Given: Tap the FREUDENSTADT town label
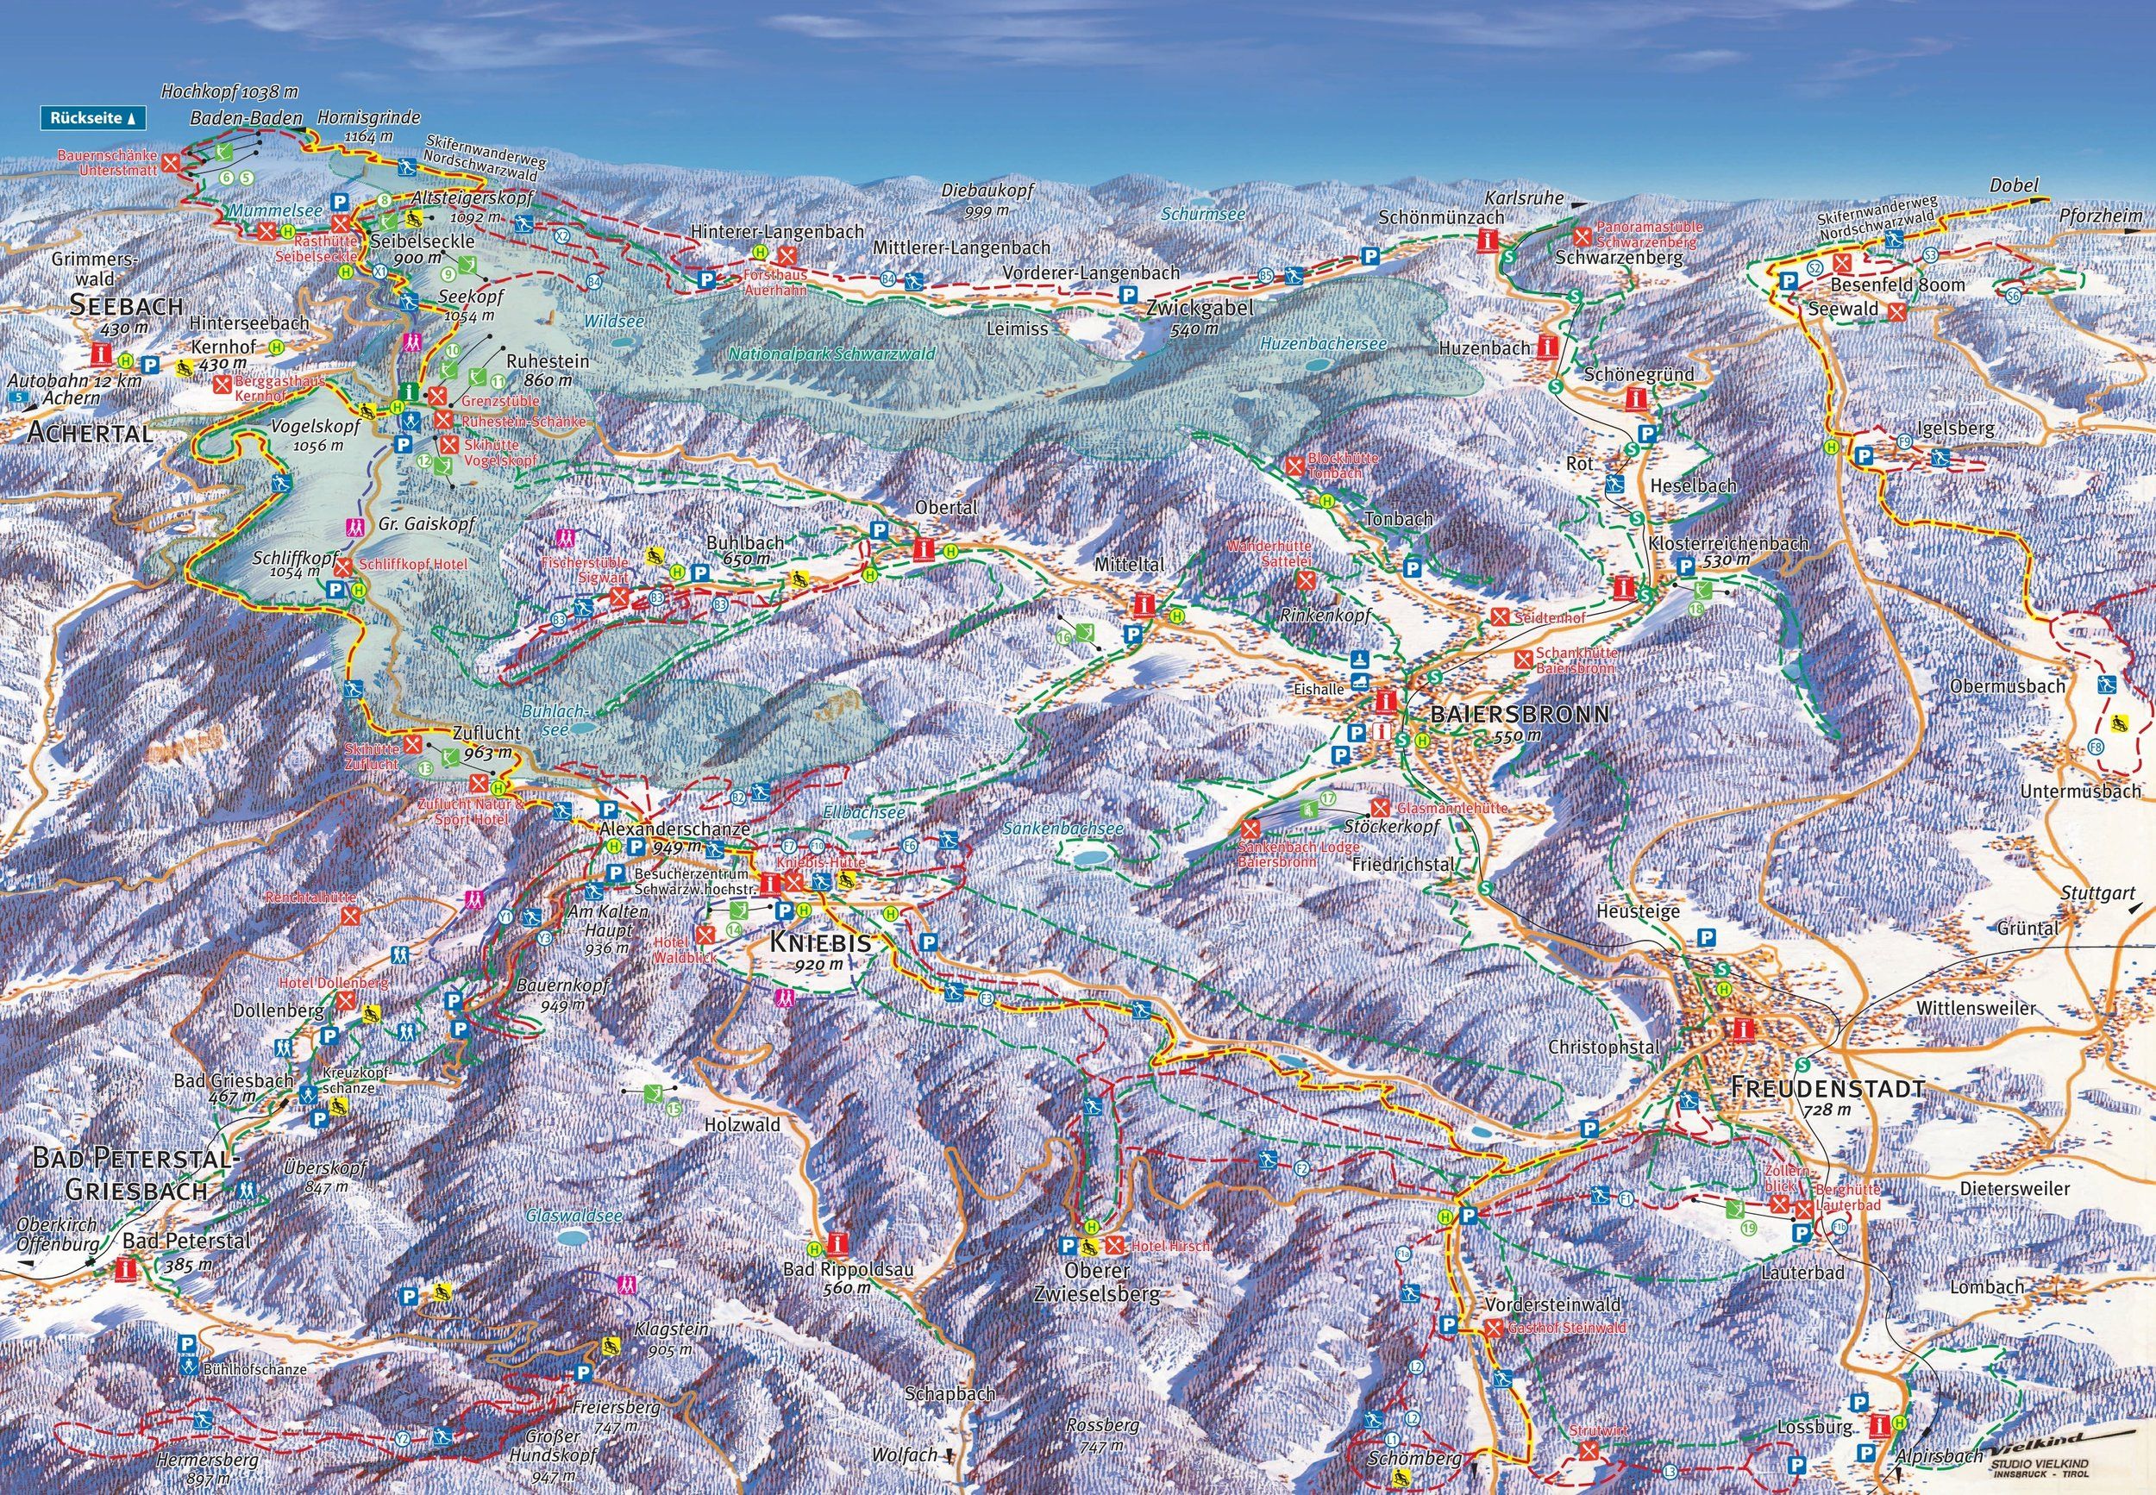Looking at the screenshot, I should click(1827, 1088).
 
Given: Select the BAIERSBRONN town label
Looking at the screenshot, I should click(1518, 715).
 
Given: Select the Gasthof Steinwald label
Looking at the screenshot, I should click(1561, 1329).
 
